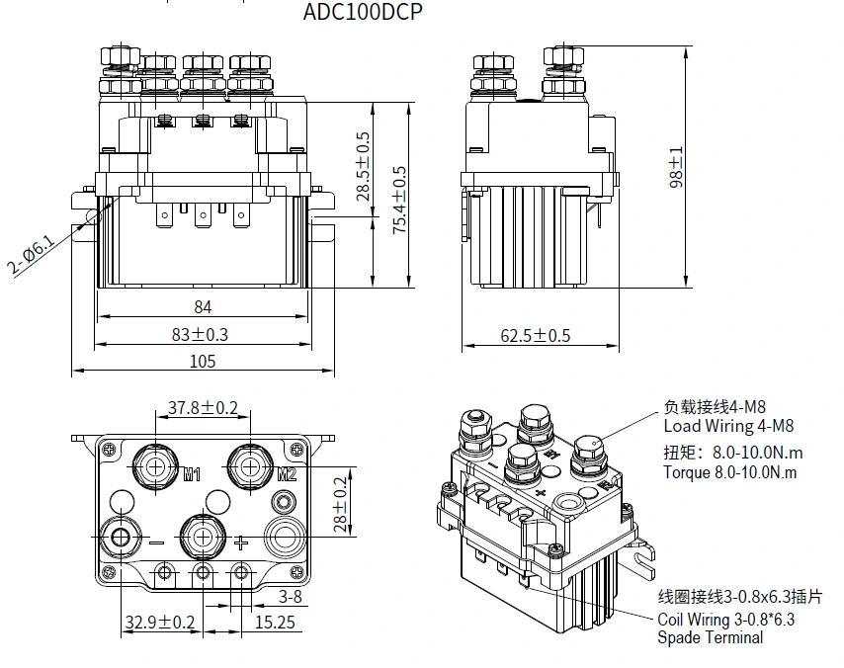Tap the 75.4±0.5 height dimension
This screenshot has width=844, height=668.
(399, 200)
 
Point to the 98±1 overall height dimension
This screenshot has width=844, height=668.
(677, 168)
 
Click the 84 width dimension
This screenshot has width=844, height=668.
(203, 307)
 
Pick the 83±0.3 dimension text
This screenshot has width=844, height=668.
(200, 334)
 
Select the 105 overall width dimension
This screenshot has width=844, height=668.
(202, 362)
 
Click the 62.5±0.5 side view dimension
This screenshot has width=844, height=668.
(535, 335)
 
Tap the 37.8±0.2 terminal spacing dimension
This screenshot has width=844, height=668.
(203, 407)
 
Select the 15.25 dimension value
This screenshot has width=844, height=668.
(274, 622)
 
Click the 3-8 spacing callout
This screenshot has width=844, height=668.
(290, 596)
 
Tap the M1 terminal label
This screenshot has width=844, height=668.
(193, 473)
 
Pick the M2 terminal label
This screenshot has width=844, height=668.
(286, 473)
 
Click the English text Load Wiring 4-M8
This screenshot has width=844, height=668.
(727, 426)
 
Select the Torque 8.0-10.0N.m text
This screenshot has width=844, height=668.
(729, 472)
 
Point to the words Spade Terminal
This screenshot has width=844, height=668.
(711, 637)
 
